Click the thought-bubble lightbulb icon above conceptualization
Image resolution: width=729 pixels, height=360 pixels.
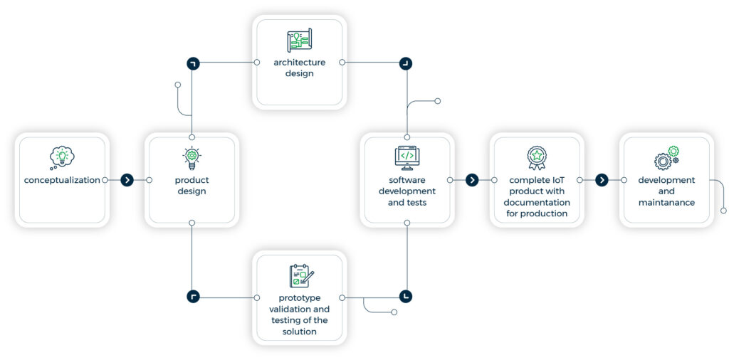(x=62, y=157)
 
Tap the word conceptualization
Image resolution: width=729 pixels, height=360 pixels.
(x=62, y=180)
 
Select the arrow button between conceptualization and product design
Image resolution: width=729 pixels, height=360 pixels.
(x=127, y=180)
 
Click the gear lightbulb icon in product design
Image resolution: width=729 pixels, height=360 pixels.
(x=192, y=157)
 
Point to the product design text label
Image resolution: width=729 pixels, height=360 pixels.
(x=192, y=186)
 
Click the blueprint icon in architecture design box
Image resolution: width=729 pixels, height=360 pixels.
(x=300, y=41)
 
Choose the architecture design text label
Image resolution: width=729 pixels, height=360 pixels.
(x=300, y=68)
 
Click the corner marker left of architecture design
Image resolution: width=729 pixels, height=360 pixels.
(x=193, y=63)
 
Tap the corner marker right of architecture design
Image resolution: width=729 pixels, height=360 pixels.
(x=405, y=63)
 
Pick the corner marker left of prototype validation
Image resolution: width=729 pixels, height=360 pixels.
(x=193, y=296)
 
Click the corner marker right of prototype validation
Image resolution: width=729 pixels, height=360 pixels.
(x=405, y=296)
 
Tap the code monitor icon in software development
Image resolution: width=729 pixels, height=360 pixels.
(x=407, y=157)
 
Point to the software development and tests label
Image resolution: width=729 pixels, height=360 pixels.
(x=407, y=191)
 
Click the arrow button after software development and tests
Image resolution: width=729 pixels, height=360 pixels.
(x=472, y=180)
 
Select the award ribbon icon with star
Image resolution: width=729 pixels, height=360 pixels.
(x=537, y=157)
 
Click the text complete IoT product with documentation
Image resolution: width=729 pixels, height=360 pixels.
(x=537, y=197)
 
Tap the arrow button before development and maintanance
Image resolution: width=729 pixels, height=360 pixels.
(x=602, y=180)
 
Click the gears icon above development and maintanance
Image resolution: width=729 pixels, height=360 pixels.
(x=666, y=157)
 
